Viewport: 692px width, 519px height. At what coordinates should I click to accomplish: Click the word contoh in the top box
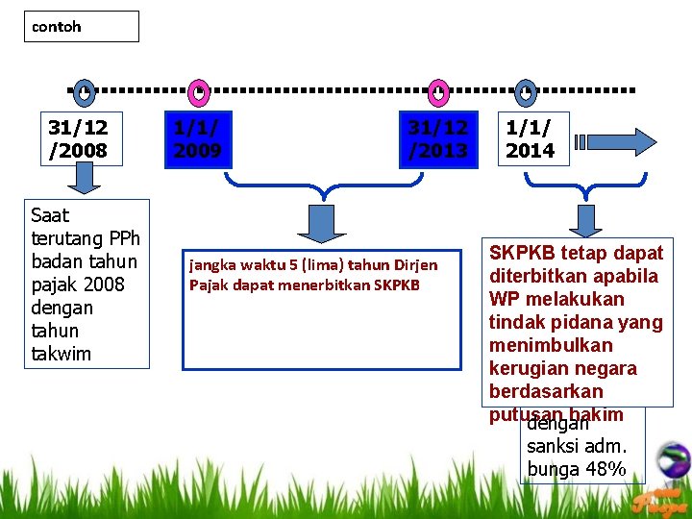pos(57,27)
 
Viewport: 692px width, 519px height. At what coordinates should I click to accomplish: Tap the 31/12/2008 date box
pos(79,138)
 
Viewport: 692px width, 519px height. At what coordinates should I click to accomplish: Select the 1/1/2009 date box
pos(197,138)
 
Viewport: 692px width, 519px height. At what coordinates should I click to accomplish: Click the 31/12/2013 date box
pos(438,138)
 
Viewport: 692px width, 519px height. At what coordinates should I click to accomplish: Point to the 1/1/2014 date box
pos(531,138)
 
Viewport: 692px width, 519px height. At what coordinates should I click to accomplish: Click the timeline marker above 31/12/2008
pos(85,92)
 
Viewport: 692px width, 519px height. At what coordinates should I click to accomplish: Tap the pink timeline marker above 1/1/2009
pos(198,92)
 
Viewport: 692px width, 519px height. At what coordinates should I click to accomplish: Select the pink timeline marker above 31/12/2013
pos(438,92)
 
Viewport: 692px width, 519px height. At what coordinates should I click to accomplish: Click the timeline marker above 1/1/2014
pos(525,92)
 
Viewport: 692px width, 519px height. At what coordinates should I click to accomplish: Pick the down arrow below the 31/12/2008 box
pos(85,178)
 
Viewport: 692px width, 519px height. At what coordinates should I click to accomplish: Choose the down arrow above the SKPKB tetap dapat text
pos(584,220)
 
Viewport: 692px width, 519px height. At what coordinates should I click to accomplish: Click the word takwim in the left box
pos(62,354)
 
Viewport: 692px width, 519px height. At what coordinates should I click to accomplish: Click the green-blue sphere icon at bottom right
pos(674,458)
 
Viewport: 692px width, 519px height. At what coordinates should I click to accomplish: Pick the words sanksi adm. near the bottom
pos(577,446)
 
